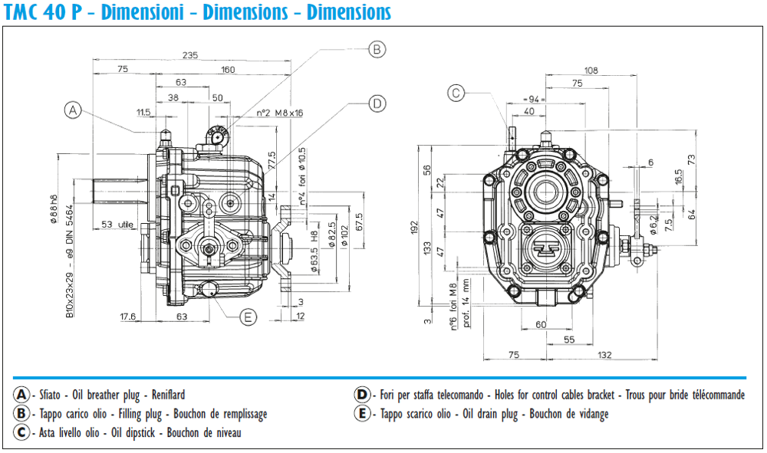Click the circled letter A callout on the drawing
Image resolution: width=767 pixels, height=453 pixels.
click(73, 110)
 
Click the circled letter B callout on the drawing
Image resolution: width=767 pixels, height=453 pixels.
click(375, 50)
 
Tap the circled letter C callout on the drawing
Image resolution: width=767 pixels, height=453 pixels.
click(456, 93)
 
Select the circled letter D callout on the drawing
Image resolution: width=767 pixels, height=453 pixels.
click(376, 103)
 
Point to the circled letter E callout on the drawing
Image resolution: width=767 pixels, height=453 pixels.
click(248, 317)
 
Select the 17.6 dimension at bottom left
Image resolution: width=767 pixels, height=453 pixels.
click(128, 316)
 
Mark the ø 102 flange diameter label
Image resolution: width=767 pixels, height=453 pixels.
click(345, 235)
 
